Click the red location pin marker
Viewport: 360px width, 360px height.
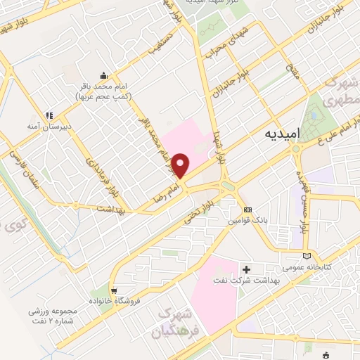[181, 165]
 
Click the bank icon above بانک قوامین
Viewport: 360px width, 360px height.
[247, 210]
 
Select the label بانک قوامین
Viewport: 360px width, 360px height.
[244, 221]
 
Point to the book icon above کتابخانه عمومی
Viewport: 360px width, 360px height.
[304, 256]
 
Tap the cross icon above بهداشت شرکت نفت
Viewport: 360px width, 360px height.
[246, 269]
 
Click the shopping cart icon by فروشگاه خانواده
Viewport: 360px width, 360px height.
[114, 290]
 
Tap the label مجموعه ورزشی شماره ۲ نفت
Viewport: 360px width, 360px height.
[56, 315]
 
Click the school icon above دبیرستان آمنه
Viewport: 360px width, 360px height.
[49, 115]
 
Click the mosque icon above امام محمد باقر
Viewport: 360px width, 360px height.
[103, 76]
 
